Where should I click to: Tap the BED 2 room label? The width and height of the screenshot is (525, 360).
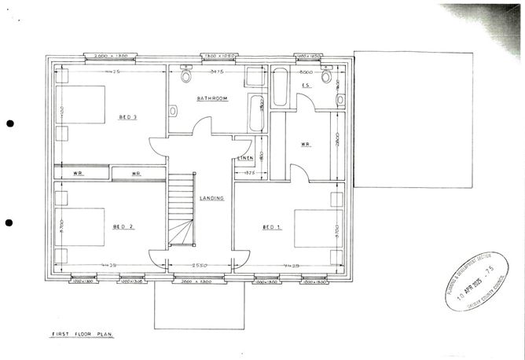tap(123, 226)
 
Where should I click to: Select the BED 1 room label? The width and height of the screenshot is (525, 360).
tap(271, 227)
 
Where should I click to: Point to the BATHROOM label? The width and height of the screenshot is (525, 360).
tap(212, 98)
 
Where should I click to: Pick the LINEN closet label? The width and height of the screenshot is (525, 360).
tap(245, 160)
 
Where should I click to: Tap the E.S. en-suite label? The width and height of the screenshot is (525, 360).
tap(307, 84)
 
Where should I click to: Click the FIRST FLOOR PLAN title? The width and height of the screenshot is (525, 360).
tap(83, 334)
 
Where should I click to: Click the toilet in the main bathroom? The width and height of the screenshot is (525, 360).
tap(186, 76)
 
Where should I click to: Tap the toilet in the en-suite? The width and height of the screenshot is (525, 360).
tap(326, 75)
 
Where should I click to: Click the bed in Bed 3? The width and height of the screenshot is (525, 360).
tap(81, 110)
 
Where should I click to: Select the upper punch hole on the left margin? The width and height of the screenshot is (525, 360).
tap(10, 123)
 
